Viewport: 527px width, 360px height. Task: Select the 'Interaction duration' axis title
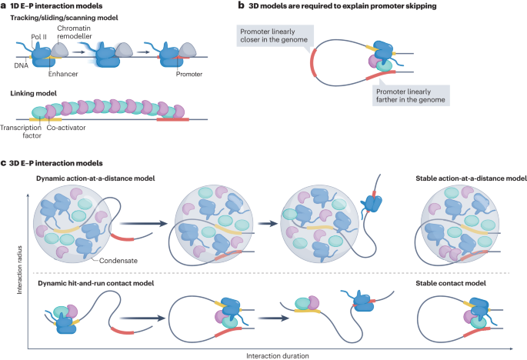[279, 355]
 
